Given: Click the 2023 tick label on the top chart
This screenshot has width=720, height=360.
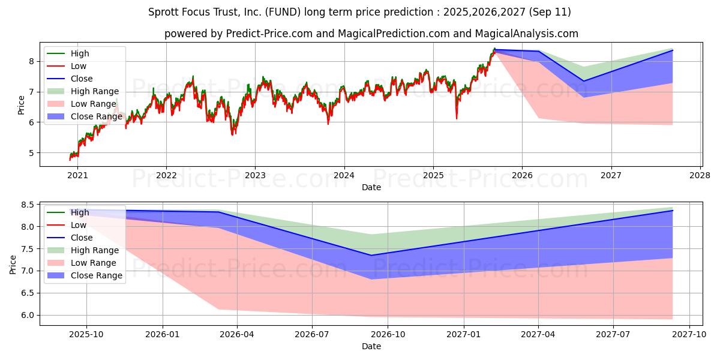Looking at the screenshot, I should pyautogui.click(x=255, y=175).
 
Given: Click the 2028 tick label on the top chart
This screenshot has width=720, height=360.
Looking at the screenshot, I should pyautogui.click(x=700, y=175).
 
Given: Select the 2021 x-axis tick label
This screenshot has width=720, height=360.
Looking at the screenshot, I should pyautogui.click(x=77, y=175).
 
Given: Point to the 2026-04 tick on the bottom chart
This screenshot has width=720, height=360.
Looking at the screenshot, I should pyautogui.click(x=238, y=335).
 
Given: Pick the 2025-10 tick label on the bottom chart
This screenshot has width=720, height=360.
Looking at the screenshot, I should pyautogui.click(x=86, y=335).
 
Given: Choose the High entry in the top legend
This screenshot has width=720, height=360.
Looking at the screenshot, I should pyautogui.click(x=79, y=53).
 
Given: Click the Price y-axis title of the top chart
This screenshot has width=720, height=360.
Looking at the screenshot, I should pyautogui.click(x=22, y=105).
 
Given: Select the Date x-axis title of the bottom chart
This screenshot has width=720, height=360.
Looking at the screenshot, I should pyautogui.click(x=371, y=346).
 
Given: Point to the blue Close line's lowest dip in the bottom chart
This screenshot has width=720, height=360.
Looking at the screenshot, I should pyautogui.click(x=371, y=255).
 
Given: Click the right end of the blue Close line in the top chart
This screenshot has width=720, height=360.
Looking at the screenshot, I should pyautogui.click(x=672, y=50).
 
